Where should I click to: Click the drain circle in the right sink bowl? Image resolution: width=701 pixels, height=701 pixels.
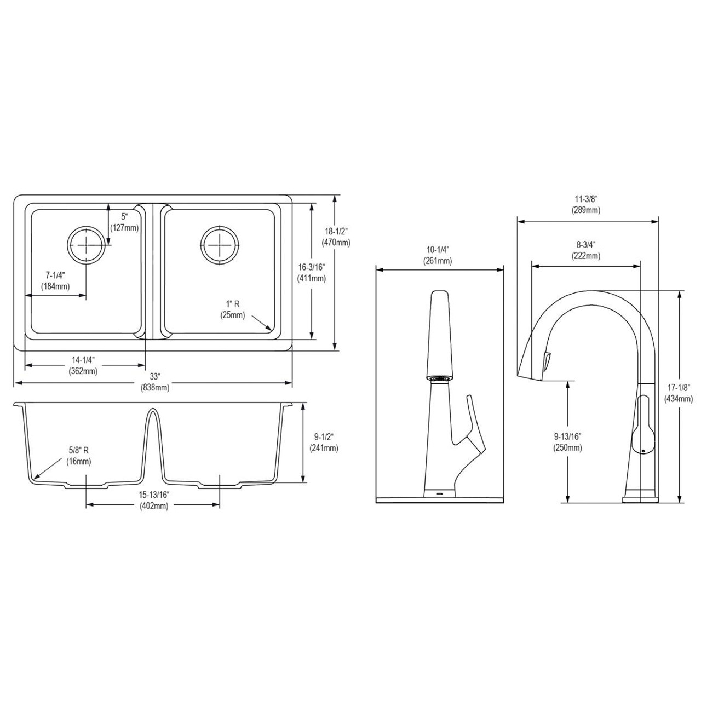[x=220, y=242]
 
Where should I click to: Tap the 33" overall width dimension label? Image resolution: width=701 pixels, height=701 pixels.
[x=154, y=382]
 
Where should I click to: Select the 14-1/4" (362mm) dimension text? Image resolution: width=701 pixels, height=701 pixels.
[x=83, y=365]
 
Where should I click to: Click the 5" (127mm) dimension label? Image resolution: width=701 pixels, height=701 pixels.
[x=124, y=222]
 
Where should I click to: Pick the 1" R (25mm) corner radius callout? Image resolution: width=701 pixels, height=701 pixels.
[x=233, y=309]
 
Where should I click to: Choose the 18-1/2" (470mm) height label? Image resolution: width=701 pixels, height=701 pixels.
[x=336, y=237]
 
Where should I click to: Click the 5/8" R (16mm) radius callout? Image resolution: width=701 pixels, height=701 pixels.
[x=79, y=456]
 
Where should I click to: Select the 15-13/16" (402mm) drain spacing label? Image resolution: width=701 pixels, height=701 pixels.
[x=153, y=500]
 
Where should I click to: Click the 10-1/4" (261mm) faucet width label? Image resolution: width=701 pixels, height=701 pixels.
[x=438, y=255]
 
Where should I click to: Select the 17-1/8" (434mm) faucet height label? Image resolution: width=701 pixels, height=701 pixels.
[x=677, y=393]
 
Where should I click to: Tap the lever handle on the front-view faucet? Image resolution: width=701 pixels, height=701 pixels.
[x=473, y=427]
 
